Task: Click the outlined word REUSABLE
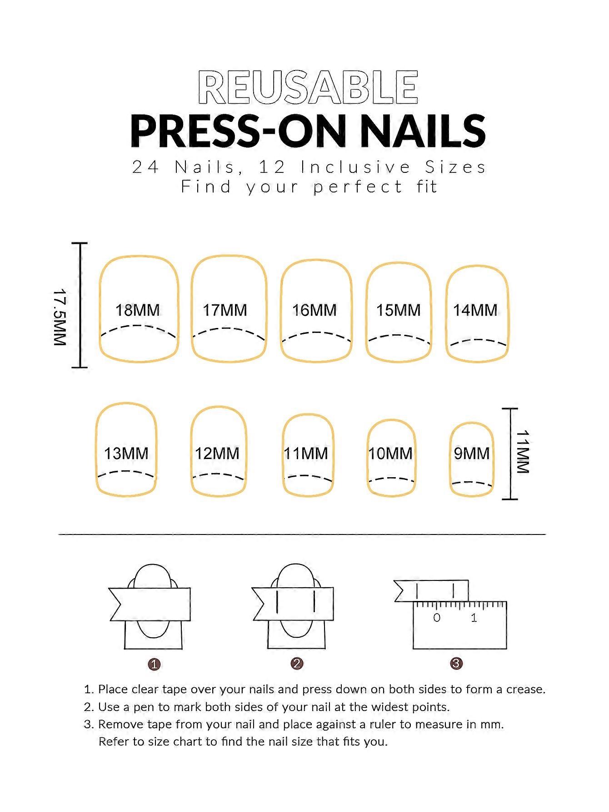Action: pos(308,87)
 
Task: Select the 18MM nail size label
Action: pos(138,310)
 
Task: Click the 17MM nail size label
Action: pos(225,310)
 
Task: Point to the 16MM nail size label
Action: pos(314,310)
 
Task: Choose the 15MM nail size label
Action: pos(399,310)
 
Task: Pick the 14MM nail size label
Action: pos(475,310)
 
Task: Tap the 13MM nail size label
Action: pos(126,454)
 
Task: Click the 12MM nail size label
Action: pos(217,454)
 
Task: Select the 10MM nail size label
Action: pos(390,454)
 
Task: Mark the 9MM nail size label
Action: pos(472,454)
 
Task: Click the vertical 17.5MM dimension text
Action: pos(60,316)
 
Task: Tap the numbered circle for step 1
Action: pos(155,665)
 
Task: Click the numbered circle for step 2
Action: pos(297,664)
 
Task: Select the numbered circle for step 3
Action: pos(456,664)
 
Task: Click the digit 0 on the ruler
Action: pos(437,618)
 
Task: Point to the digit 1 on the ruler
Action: pos(474,618)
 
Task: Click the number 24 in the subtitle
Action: pos(145,167)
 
